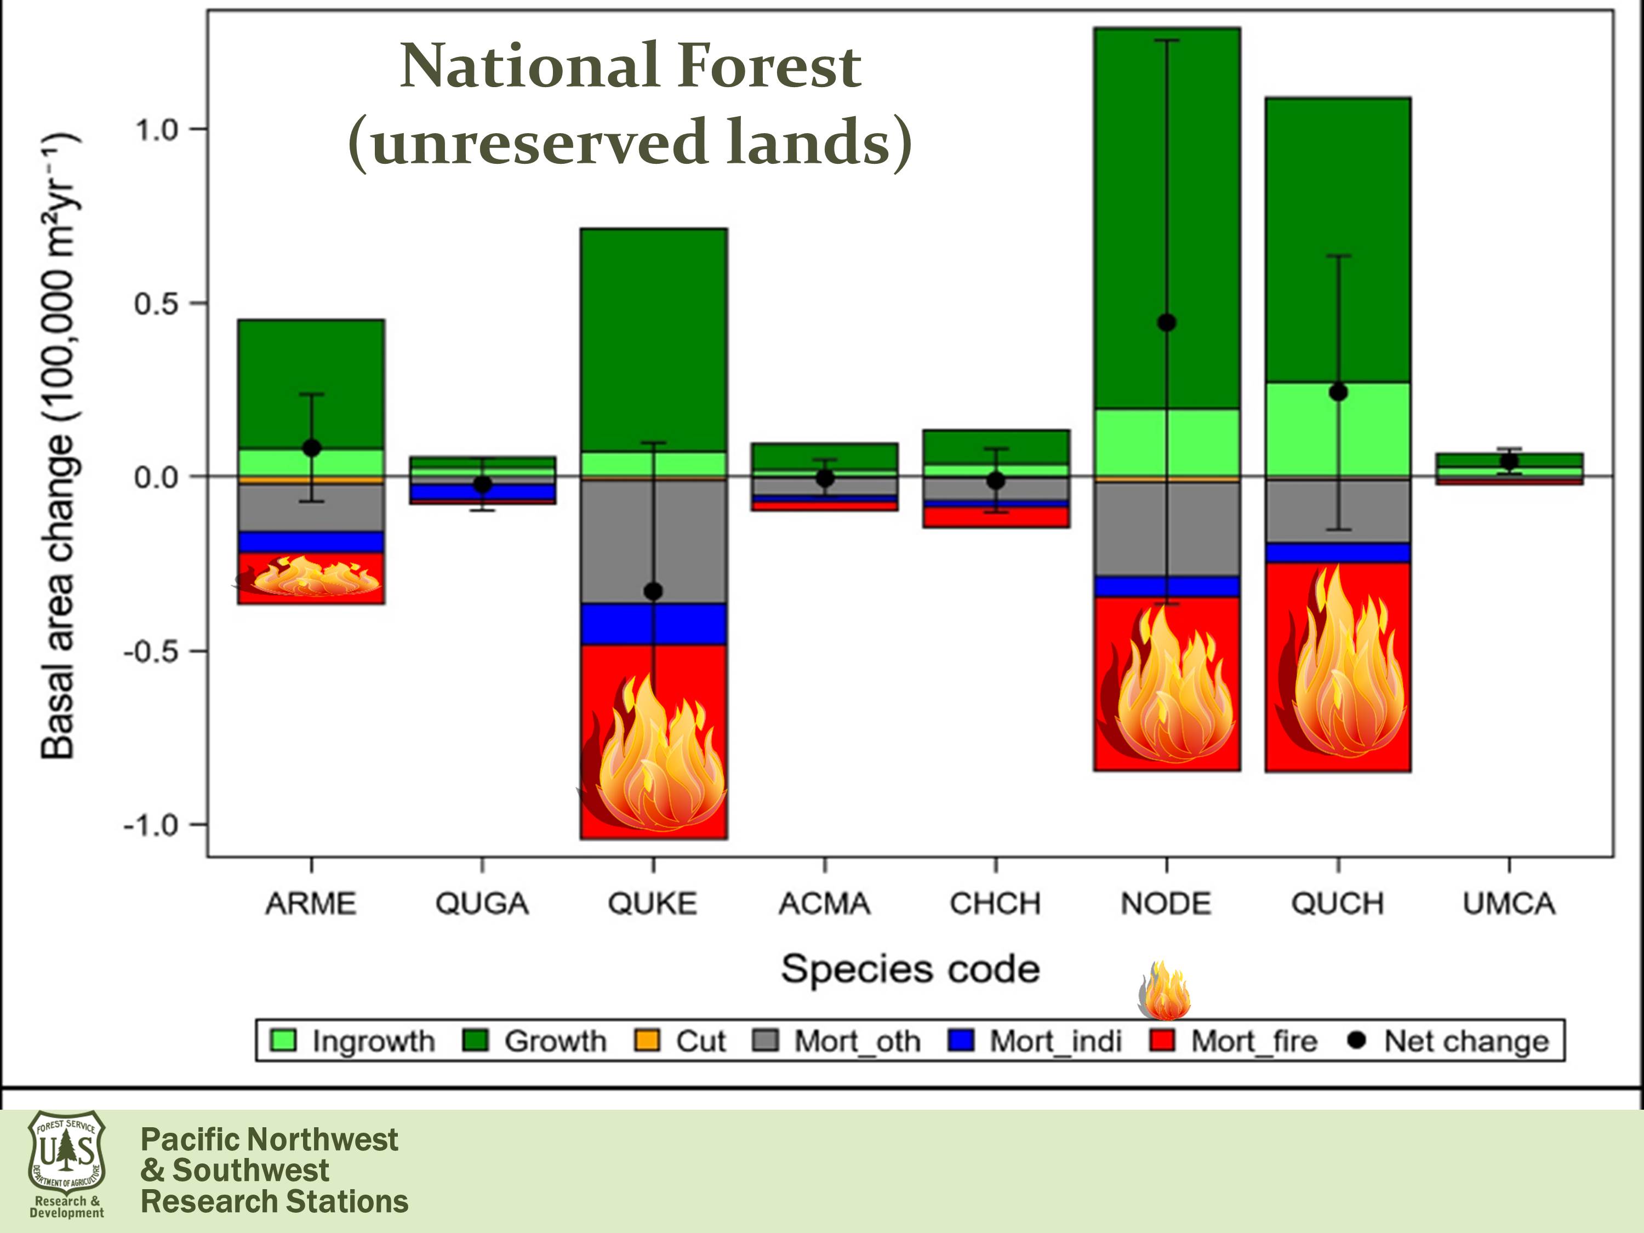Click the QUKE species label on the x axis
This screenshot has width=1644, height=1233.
coord(653,904)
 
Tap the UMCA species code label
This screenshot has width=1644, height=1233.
coord(1509,904)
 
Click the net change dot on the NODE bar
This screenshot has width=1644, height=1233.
coord(1167,323)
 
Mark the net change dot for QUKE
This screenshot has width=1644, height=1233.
coord(653,592)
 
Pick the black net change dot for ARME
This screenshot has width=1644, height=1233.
coord(311,448)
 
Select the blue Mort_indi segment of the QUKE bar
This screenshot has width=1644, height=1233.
coord(653,624)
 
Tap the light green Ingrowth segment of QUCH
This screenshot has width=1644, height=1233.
coord(1338,438)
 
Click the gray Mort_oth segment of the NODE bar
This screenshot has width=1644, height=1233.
coord(1167,528)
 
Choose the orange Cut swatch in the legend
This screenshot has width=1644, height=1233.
coord(647,1041)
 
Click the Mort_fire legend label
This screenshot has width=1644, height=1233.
coord(1254,1041)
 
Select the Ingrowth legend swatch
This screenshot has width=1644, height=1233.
coord(284,1041)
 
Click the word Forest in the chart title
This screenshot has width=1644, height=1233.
coord(770,66)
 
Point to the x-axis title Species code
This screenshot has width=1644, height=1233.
coord(910,970)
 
